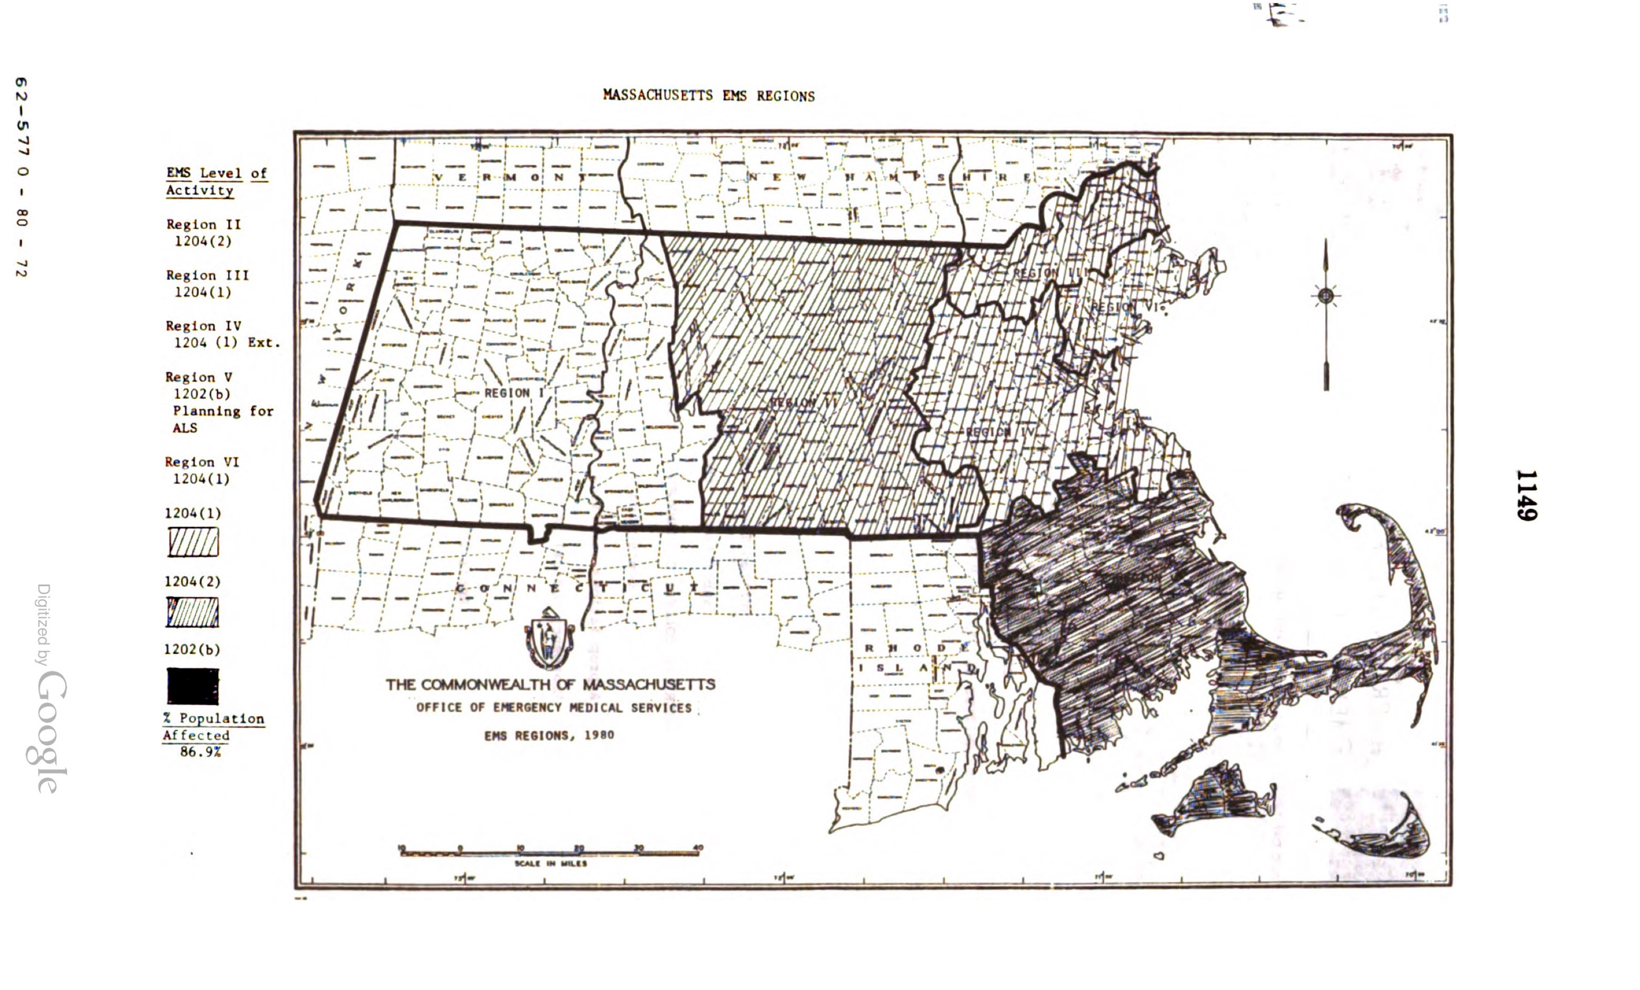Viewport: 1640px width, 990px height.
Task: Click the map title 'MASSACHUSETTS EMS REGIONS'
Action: click(x=708, y=95)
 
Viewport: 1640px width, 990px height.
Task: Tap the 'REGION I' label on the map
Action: click(x=514, y=393)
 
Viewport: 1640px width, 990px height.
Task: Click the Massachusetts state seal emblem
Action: click(x=549, y=639)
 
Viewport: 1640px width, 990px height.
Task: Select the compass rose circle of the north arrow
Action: click(x=1325, y=295)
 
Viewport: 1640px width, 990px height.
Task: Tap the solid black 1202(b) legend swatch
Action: click(x=193, y=686)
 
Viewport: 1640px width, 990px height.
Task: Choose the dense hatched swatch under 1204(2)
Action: click(x=193, y=612)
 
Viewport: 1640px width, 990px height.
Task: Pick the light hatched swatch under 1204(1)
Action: click(x=193, y=542)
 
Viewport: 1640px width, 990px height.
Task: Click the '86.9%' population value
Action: click(x=200, y=752)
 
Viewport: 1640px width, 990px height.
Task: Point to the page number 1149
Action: click(x=1526, y=495)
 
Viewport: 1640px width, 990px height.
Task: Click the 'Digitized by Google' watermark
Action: click(x=50, y=688)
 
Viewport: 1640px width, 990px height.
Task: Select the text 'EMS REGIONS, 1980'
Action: click(x=549, y=735)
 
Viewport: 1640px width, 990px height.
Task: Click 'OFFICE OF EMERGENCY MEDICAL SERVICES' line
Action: click(x=554, y=708)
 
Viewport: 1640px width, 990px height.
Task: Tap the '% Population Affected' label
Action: click(x=213, y=726)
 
